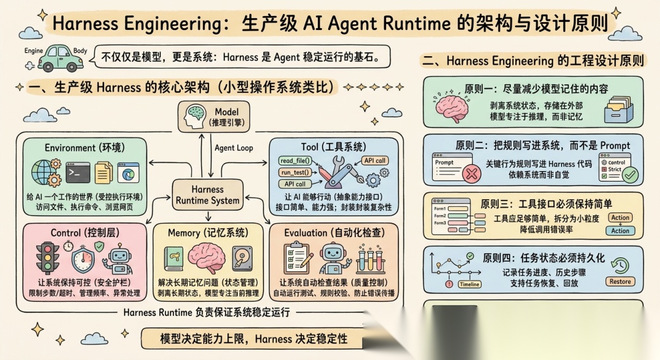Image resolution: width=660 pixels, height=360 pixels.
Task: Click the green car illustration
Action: point(60,57)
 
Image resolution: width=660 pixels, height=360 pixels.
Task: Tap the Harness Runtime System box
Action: point(207,194)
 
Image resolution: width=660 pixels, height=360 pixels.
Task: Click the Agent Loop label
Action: point(233,148)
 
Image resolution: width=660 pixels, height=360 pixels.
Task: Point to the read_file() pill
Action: point(295,161)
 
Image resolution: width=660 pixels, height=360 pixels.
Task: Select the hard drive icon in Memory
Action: point(243,260)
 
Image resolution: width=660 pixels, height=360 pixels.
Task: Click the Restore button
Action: point(620,282)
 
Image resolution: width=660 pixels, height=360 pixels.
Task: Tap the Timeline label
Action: point(469,284)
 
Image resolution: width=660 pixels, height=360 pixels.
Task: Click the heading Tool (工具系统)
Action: point(334,147)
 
